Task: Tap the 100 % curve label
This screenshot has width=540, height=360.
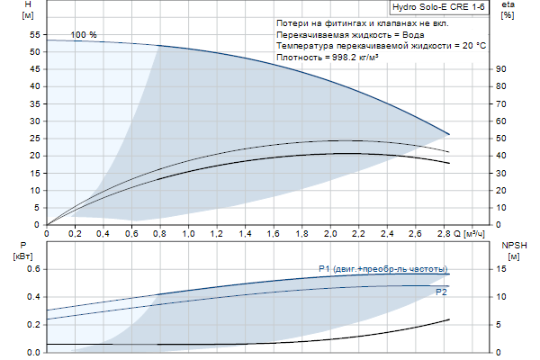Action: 84,34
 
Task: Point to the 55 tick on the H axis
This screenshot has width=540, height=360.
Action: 35,34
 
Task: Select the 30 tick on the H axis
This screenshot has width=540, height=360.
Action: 35,121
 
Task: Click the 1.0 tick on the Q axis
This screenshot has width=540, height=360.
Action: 189,234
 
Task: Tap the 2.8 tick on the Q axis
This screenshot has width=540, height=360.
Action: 445,234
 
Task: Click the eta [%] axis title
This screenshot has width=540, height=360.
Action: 508,12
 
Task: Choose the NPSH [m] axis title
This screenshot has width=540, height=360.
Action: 513,250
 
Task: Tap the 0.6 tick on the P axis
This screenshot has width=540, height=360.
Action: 33,269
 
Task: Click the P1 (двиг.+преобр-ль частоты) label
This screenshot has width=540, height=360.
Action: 382,268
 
